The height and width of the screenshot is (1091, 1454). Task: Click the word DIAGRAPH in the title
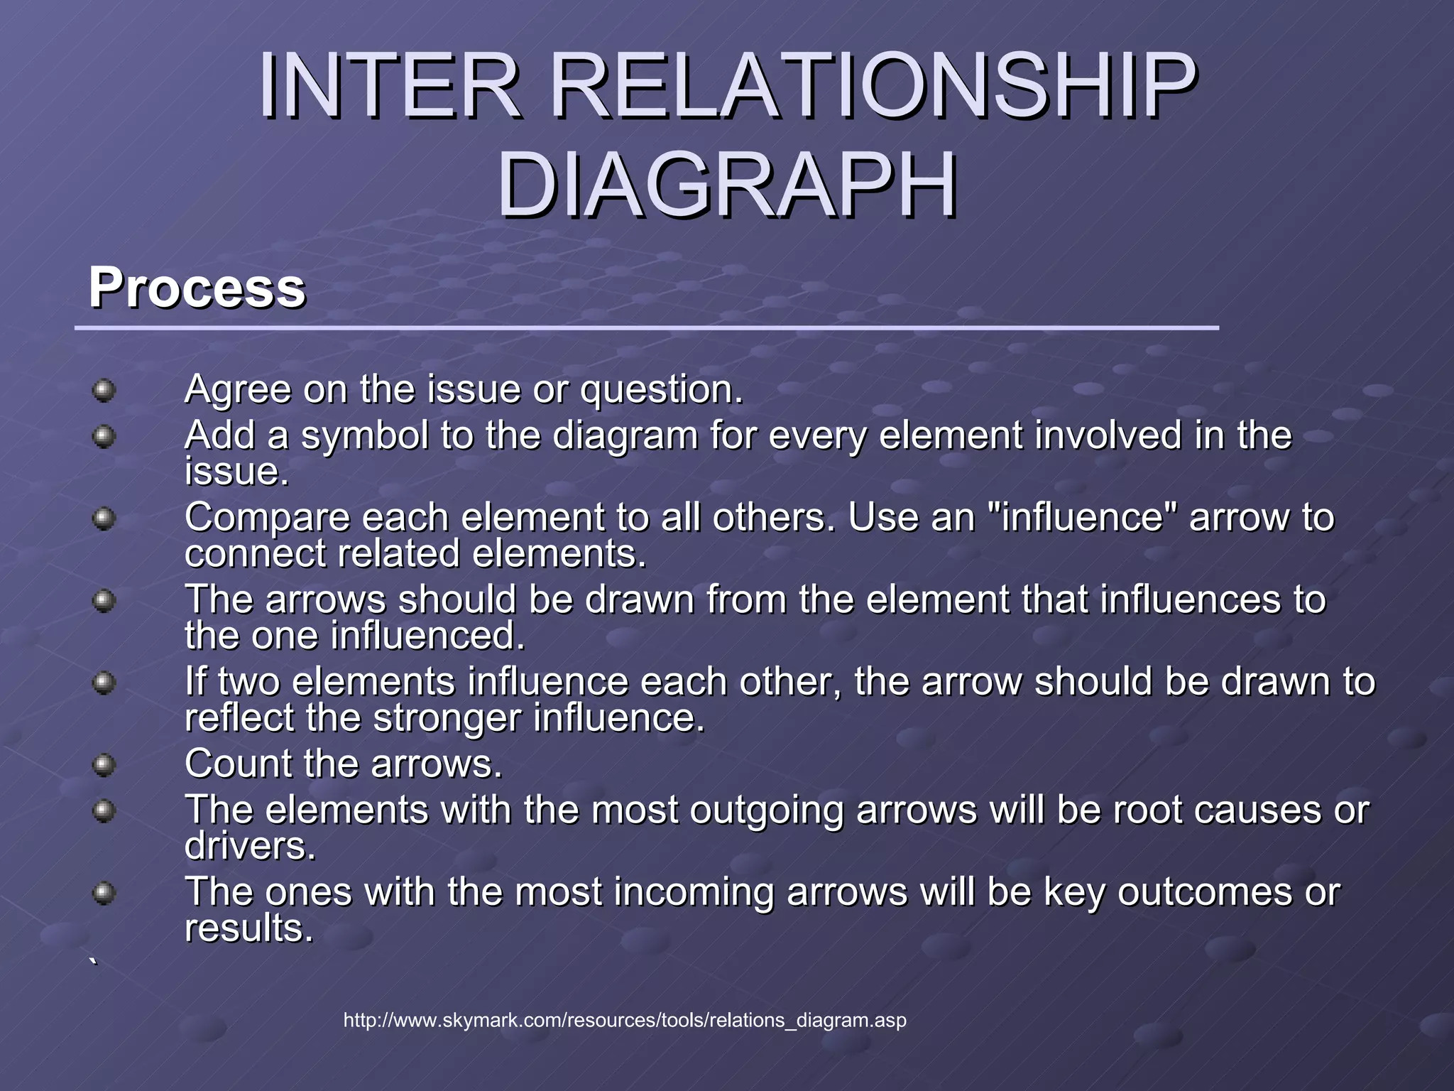pos(727,186)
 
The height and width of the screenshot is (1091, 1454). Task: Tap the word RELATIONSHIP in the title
pos(873,87)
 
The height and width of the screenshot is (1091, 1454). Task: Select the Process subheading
pos(197,288)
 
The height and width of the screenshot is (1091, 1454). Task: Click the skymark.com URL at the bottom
pos(625,1021)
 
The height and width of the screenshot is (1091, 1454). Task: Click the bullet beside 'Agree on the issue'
pos(104,390)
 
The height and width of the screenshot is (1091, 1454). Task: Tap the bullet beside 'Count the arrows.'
pos(104,765)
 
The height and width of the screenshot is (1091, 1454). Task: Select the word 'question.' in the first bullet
pos(662,390)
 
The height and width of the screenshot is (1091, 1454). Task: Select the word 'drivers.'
pos(250,846)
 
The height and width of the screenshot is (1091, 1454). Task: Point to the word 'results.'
pos(248,928)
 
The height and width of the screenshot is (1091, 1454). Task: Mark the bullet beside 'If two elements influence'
pos(104,683)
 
